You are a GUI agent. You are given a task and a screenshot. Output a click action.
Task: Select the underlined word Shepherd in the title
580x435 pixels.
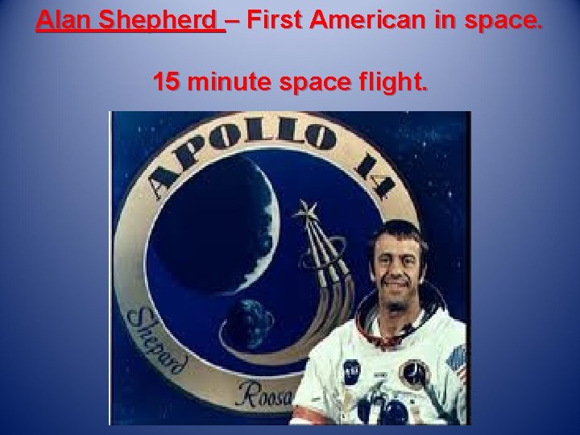(x=159, y=20)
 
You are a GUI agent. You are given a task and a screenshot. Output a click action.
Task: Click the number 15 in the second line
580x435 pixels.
(x=168, y=81)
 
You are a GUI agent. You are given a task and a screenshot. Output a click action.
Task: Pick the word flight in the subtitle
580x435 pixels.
(x=392, y=81)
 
